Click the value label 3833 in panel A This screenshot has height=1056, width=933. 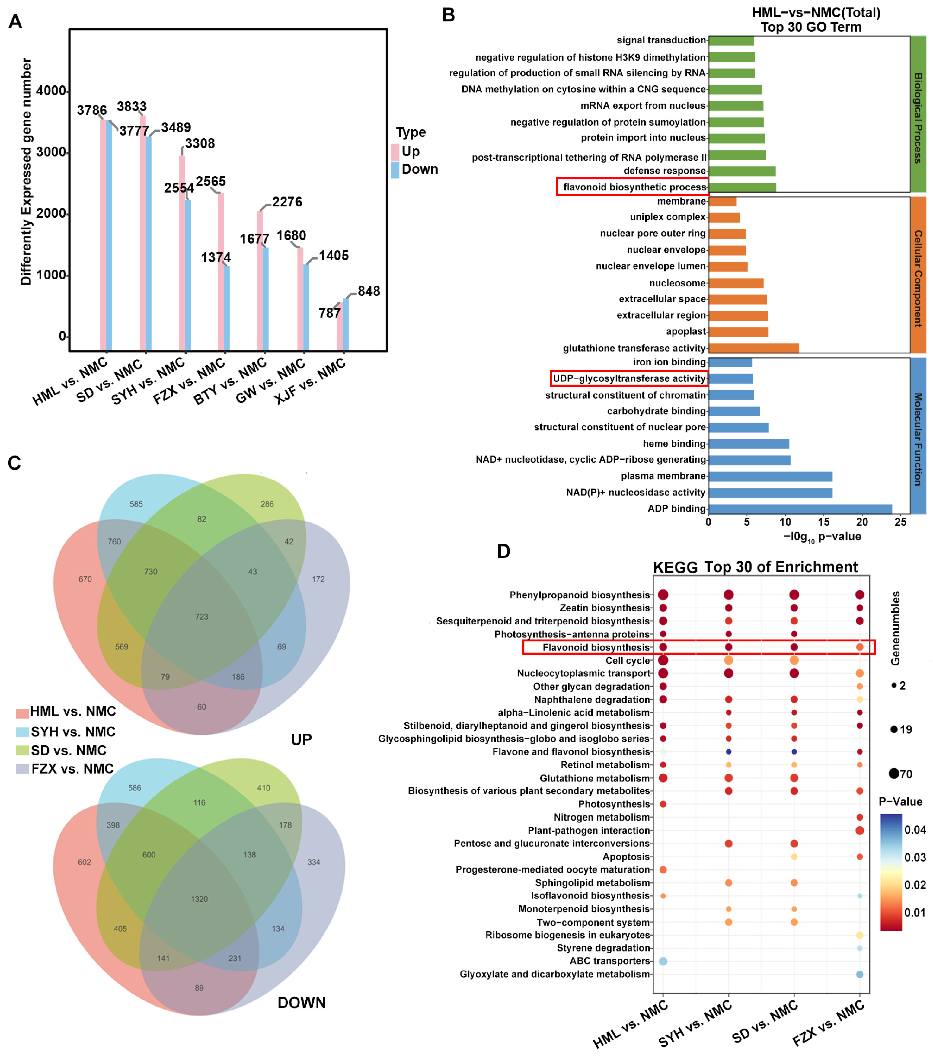pyautogui.click(x=131, y=107)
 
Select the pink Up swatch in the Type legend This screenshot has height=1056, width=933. pyautogui.click(x=395, y=152)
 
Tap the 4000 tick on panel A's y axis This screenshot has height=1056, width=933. pyautogui.click(x=51, y=91)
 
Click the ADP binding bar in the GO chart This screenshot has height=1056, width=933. pyautogui.click(x=800, y=509)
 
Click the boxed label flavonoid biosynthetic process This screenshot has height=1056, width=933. pyautogui.click(x=634, y=187)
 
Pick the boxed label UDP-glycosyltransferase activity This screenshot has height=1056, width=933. pyautogui.click(x=629, y=379)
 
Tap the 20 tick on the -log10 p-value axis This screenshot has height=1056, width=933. pyautogui.click(x=862, y=522)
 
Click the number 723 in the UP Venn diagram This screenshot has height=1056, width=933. pyautogui.click(x=201, y=617)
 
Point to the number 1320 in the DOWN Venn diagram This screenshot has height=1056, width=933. pyautogui.click(x=200, y=899)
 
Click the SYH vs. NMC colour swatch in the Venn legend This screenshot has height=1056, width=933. pyautogui.click(x=23, y=732)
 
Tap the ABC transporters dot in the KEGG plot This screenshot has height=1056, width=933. pyautogui.click(x=663, y=962)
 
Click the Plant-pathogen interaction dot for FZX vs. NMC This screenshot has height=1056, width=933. pyautogui.click(x=860, y=831)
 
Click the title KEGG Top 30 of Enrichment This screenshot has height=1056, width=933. pyautogui.click(x=755, y=567)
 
